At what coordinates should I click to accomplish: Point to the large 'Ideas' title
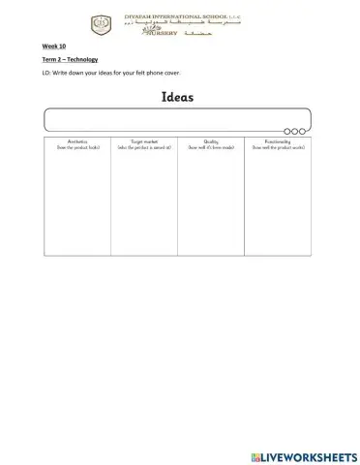[x=179, y=98]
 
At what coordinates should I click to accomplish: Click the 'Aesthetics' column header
[x=77, y=142]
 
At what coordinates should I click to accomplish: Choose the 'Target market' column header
[x=144, y=142]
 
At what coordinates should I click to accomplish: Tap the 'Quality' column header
[x=211, y=142]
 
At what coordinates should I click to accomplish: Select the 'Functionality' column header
[x=278, y=142]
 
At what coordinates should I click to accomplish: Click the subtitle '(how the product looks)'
[x=77, y=148]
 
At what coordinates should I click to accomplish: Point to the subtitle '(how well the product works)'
[x=278, y=148]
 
